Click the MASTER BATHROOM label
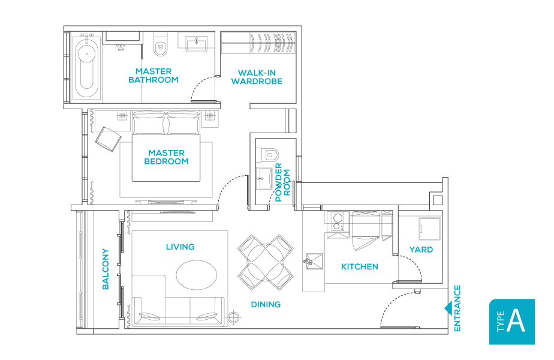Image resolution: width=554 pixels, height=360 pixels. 153,76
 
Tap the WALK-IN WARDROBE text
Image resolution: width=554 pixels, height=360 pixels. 257,77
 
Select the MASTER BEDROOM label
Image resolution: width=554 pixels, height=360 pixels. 166,157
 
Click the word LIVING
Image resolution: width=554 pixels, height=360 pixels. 180,247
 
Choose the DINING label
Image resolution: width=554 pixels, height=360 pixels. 266,304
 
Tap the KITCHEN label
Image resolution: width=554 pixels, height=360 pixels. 359,266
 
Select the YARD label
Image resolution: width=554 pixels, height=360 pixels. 421,250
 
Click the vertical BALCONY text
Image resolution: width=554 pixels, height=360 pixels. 106,269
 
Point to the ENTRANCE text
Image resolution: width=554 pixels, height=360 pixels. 457,308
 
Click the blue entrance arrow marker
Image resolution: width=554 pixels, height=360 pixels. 447,308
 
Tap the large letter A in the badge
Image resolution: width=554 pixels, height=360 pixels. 516,322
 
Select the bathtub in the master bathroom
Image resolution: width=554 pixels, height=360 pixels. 88,68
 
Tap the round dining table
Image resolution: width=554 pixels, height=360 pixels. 264,260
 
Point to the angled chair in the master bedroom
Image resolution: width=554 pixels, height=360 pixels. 108,139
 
